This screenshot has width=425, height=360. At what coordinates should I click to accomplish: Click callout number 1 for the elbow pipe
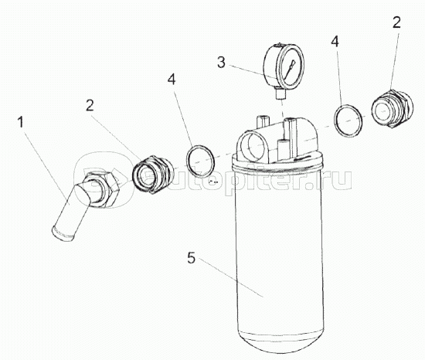click(x=20, y=122)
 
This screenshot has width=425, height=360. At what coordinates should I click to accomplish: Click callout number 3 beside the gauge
click(x=221, y=63)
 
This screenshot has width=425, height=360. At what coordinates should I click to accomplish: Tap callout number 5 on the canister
click(x=191, y=257)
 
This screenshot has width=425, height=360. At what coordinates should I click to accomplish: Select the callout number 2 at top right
click(x=396, y=22)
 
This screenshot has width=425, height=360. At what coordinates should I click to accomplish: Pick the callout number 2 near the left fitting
click(x=90, y=105)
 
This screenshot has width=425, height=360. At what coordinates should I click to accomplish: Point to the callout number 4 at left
click(x=172, y=80)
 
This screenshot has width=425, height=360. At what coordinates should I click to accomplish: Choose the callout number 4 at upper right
click(x=335, y=42)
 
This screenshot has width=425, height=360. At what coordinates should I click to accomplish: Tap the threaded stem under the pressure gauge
click(x=280, y=94)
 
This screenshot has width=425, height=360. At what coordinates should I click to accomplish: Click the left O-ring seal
click(x=200, y=161)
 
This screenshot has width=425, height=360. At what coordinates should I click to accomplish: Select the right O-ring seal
click(x=348, y=121)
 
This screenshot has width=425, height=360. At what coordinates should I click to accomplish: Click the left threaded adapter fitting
click(x=152, y=174)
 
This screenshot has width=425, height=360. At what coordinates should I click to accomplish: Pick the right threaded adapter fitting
click(x=392, y=109)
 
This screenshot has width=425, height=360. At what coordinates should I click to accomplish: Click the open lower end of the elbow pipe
click(x=62, y=234)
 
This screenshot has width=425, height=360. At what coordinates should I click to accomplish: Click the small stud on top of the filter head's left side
click(x=262, y=121)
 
